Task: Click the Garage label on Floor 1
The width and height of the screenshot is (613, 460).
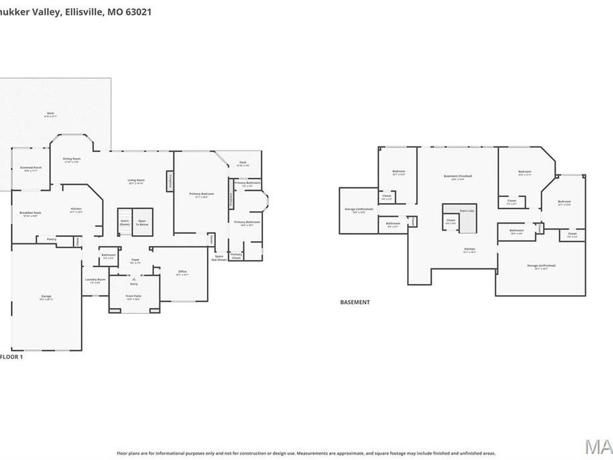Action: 46,296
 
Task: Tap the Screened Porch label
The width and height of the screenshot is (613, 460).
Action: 31,168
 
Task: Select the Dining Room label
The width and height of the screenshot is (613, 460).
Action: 72,160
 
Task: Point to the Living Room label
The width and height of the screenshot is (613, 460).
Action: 136,181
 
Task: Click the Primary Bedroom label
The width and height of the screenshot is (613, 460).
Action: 202,194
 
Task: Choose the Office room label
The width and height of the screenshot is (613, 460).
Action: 183,272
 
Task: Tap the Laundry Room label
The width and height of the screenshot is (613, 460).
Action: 95,280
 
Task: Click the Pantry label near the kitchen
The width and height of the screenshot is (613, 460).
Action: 51,239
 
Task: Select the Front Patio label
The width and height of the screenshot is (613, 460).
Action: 133,296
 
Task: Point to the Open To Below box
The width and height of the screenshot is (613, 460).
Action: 142,221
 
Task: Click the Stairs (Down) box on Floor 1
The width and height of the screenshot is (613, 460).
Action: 125,221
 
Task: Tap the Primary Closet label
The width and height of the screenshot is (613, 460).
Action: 236,256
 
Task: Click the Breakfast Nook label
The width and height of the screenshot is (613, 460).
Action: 29,213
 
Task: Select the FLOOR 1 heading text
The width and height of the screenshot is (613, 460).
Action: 12,356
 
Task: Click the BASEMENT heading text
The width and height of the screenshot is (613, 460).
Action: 355,302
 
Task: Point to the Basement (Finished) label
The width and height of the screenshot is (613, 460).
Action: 458,177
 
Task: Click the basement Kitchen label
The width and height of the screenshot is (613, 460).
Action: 469,250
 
